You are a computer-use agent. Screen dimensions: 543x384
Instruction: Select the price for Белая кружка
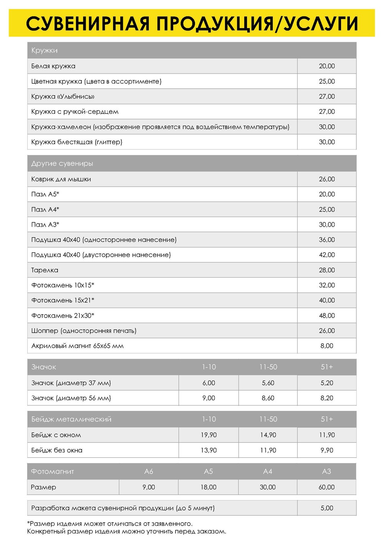[327, 66]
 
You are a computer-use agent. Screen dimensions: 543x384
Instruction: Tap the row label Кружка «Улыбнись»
[63, 96]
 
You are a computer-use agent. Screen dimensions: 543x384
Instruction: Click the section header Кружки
[45, 50]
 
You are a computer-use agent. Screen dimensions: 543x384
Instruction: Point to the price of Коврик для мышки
[327, 179]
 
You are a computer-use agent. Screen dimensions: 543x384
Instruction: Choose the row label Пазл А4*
[45, 209]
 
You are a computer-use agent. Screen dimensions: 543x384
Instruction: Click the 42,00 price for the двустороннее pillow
[327, 255]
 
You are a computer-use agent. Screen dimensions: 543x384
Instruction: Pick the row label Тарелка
[45, 270]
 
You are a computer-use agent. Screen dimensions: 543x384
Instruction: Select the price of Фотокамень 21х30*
[327, 315]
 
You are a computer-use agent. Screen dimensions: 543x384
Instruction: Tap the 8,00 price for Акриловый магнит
[327, 346]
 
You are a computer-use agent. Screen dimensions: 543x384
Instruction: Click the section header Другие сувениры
[62, 163]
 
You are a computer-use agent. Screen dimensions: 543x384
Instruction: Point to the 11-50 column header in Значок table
[268, 367]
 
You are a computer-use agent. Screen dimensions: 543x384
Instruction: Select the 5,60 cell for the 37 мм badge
[268, 383]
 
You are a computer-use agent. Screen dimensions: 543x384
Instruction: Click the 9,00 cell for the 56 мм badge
[209, 398]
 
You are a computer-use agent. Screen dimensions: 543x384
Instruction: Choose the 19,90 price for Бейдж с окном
[209, 435]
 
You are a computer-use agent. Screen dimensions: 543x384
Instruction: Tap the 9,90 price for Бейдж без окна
[327, 450]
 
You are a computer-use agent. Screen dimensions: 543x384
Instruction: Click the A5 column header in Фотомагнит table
[208, 471]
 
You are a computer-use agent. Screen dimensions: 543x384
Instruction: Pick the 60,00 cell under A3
[326, 487]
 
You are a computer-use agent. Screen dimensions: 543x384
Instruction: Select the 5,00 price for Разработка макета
[327, 508]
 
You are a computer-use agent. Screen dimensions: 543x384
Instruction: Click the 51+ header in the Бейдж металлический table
[327, 419]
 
